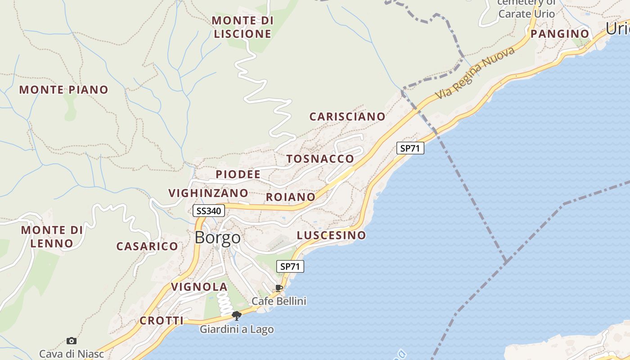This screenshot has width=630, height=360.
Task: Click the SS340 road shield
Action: pyautogui.click(x=209, y=211)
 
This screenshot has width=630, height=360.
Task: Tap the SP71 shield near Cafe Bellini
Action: pyautogui.click(x=290, y=266)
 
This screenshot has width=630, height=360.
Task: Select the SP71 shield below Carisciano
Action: pyautogui.click(x=410, y=148)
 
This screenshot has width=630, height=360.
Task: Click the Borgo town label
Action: pyautogui.click(x=217, y=238)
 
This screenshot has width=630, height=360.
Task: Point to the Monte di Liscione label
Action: pyautogui.click(x=243, y=27)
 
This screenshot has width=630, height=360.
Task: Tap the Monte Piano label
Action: pyautogui.click(x=63, y=90)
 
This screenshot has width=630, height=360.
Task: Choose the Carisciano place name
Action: pyautogui.click(x=347, y=117)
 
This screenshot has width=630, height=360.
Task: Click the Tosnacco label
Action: pyautogui.click(x=320, y=159)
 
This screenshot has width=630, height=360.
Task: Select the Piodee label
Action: pyautogui.click(x=238, y=174)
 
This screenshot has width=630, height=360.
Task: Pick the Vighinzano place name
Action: pyautogui.click(x=208, y=193)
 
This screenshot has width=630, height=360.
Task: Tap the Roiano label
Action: pyautogui.click(x=291, y=197)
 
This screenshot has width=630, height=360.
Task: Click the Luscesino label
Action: pyautogui.click(x=331, y=235)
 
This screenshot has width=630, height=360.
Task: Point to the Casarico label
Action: pyautogui.click(x=147, y=246)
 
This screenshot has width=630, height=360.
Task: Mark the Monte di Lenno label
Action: pyautogui.click(x=52, y=237)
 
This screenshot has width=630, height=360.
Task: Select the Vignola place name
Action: pyautogui.click(x=199, y=287)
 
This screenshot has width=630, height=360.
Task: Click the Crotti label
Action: pyautogui.click(x=162, y=321)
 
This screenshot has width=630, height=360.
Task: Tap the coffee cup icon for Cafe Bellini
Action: pyautogui.click(x=279, y=288)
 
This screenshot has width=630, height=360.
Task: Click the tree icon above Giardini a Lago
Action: pyautogui.click(x=237, y=315)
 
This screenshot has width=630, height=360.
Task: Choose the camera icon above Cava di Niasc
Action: pyautogui.click(x=71, y=341)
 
